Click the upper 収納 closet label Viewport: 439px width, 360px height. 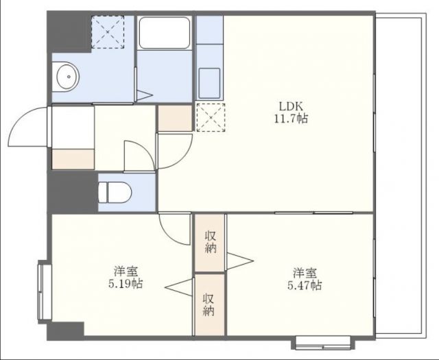coord(210,241)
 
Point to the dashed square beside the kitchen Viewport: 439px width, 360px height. coord(209,117)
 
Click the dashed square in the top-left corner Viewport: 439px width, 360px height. coord(108,30)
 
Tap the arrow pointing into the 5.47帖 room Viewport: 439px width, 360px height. coord(239,261)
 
